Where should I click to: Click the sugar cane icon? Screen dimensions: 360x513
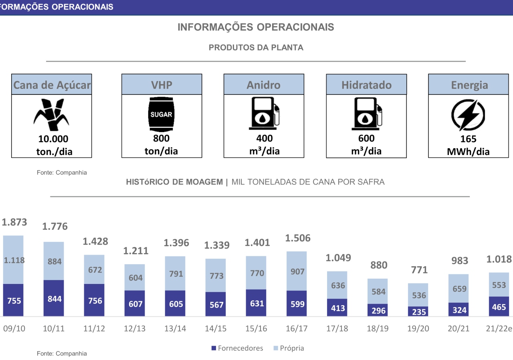click(x=51, y=115)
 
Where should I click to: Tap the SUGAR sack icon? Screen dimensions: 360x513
click(x=161, y=115)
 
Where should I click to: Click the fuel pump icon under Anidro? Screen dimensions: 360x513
click(x=264, y=115)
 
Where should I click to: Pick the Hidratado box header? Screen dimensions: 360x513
click(x=366, y=84)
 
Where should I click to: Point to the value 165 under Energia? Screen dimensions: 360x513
click(x=468, y=139)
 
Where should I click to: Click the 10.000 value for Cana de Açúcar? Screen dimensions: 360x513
click(x=53, y=139)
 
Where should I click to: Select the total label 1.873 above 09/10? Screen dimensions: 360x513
click(x=14, y=222)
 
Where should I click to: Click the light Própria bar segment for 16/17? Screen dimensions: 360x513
click(x=297, y=271)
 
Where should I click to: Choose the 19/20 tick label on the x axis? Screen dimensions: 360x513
click(x=418, y=329)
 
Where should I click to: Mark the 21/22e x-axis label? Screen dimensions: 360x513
click(x=499, y=329)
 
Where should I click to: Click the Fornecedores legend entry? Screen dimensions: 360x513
click(x=237, y=348)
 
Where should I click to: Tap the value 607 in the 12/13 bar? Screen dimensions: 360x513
click(x=136, y=304)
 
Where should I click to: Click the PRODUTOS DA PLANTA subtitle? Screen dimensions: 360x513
click(x=256, y=48)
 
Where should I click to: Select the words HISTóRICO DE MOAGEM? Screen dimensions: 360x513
click(x=174, y=182)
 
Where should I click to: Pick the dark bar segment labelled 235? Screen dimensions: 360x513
click(x=418, y=312)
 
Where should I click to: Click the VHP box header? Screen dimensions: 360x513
click(x=162, y=84)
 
